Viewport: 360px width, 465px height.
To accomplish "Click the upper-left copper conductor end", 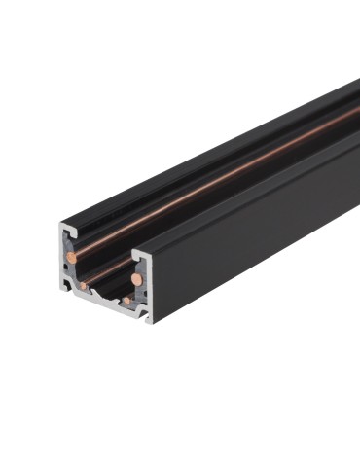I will [72, 257].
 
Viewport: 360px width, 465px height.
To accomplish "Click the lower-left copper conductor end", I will [85, 286].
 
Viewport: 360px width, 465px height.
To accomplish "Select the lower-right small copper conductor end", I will [126, 301].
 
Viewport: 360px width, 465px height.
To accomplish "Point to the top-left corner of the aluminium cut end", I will [60, 225].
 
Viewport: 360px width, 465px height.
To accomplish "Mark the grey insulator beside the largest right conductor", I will [143, 282].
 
